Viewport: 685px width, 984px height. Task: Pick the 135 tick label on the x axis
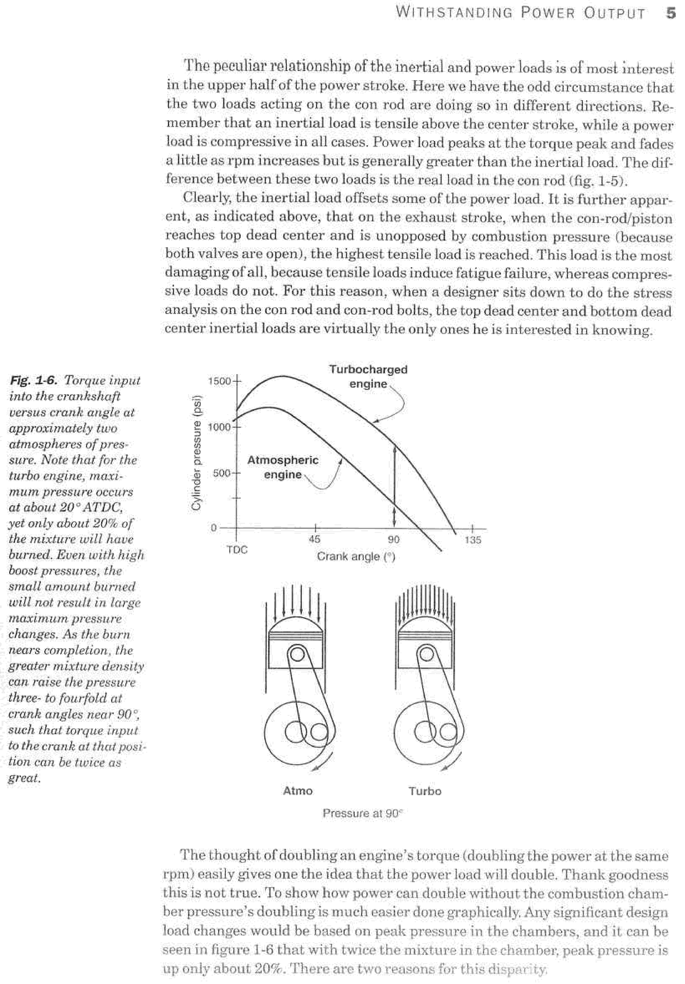click(473, 540)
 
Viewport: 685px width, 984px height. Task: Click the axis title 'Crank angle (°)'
click(356, 557)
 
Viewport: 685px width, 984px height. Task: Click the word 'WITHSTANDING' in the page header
click(453, 13)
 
